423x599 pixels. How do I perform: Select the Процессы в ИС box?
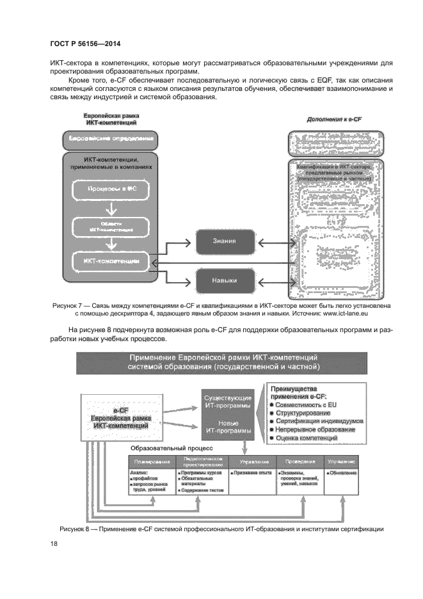[111, 189]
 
